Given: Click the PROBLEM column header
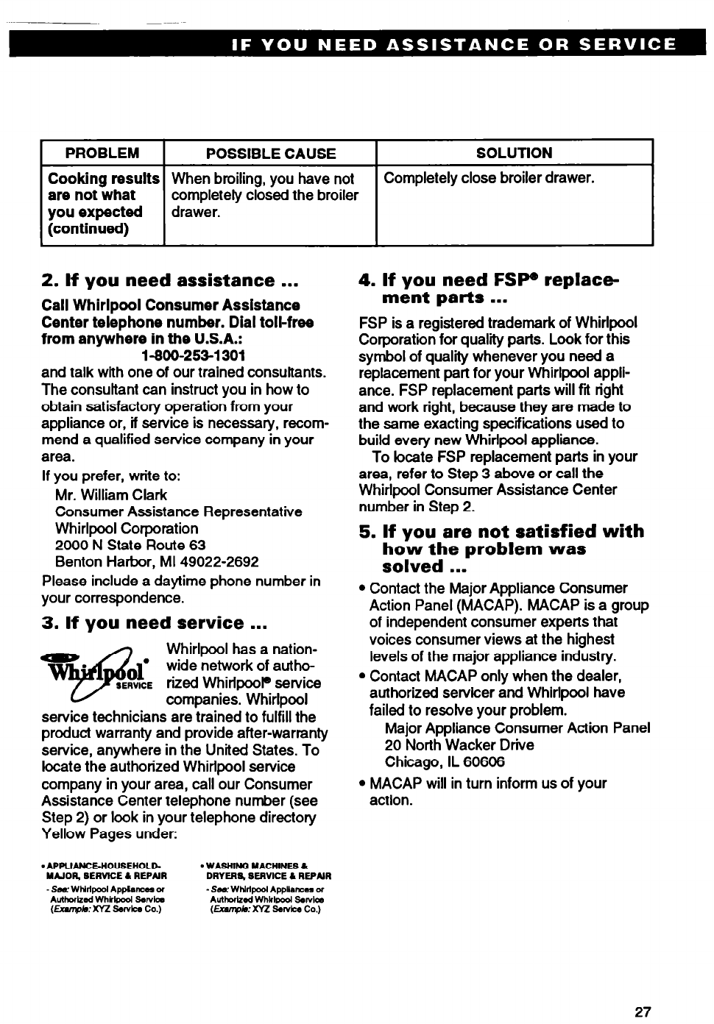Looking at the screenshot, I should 102,153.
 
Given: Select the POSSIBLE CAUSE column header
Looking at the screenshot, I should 270,153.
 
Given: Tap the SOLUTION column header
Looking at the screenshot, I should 514,153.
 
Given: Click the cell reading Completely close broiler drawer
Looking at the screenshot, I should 489,178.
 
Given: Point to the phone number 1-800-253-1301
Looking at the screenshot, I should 193,356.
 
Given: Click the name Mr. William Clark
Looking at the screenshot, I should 111,495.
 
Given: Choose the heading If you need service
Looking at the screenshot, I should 154,623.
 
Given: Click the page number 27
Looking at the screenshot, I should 643,1011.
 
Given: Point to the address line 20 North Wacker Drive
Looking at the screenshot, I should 459,744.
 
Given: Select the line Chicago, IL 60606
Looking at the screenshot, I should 445,761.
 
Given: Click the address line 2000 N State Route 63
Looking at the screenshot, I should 130,545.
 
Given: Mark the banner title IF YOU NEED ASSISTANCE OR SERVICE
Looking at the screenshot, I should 453,44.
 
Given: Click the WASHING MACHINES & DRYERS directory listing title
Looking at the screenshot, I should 269,871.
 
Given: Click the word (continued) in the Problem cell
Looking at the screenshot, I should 88,229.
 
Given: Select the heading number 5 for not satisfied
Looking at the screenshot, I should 366,532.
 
